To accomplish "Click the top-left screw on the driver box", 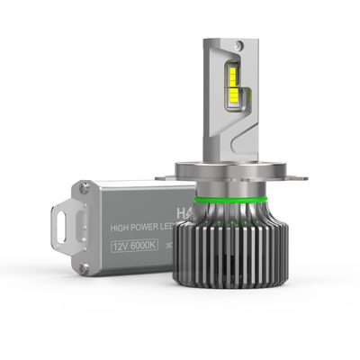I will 84,188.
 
